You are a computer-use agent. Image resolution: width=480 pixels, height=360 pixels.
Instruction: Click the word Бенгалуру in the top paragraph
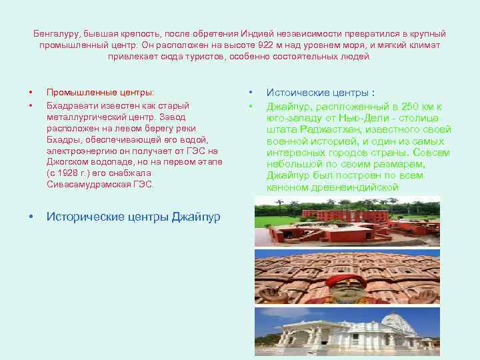[53, 33]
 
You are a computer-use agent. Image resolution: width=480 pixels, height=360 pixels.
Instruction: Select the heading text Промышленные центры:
[99, 92]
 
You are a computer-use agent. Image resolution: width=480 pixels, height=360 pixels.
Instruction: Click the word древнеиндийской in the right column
[361, 188]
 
